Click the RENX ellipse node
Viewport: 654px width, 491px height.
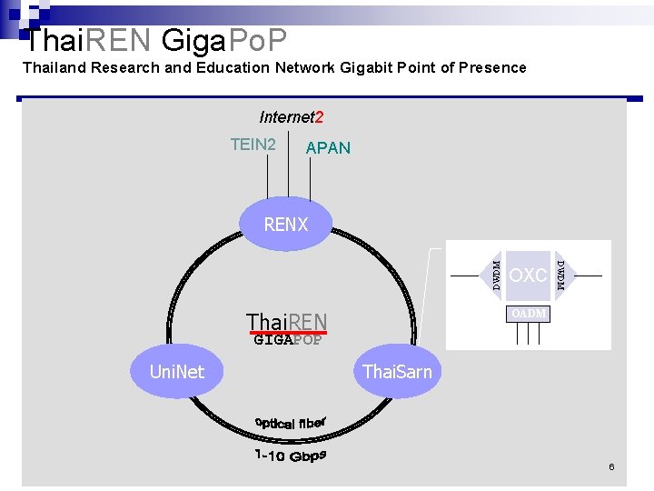tap(286, 224)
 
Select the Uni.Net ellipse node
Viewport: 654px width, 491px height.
tap(177, 371)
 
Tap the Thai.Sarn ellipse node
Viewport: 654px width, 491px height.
tap(397, 371)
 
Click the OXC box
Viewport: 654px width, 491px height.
tap(528, 275)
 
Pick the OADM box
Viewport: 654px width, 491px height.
tap(528, 314)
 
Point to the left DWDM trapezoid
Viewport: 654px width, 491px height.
tap(496, 275)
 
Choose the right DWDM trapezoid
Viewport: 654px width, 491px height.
tap(560, 275)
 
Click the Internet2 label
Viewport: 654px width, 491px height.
tap(291, 117)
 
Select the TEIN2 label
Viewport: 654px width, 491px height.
tap(253, 145)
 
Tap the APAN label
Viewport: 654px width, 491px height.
tap(328, 148)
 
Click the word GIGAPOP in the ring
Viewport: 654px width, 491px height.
tap(287, 341)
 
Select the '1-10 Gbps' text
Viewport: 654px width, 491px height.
tap(290, 455)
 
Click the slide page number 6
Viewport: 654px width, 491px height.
tap(611, 466)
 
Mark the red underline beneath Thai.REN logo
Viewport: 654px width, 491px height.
tap(288, 334)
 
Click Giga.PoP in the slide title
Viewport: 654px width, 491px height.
tap(224, 40)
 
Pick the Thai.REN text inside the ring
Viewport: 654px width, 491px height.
tap(286, 322)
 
